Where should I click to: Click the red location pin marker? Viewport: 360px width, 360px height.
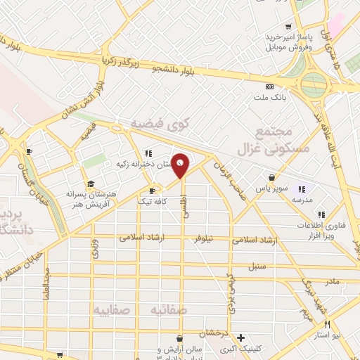pyautogui.click(x=181, y=165)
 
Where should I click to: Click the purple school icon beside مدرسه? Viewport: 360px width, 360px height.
pyautogui.click(x=302, y=189)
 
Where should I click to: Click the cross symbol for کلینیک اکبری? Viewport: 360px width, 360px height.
pyautogui.click(x=241, y=337)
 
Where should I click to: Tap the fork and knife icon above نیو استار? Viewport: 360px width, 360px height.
pyautogui.click(x=327, y=324)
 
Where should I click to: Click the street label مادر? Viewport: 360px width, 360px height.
pyautogui.click(x=332, y=281)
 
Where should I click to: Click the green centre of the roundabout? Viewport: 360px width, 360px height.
pyautogui.click(x=315, y=85)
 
